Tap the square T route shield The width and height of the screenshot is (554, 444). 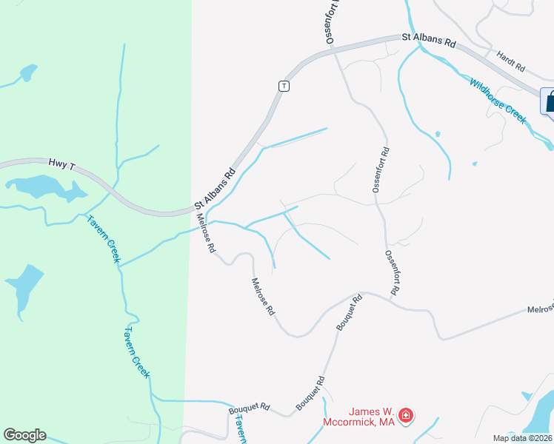283,86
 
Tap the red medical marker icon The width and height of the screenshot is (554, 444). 405,417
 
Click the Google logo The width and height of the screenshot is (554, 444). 24,435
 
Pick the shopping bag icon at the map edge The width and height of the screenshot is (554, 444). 550,101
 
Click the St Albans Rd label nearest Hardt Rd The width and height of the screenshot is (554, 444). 429,40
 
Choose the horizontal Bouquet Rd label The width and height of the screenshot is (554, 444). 250,408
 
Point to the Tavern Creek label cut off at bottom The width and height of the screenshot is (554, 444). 241,429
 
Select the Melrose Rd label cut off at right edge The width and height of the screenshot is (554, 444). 540,309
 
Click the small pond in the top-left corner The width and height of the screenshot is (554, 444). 29,73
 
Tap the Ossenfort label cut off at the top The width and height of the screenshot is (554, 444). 331,22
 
